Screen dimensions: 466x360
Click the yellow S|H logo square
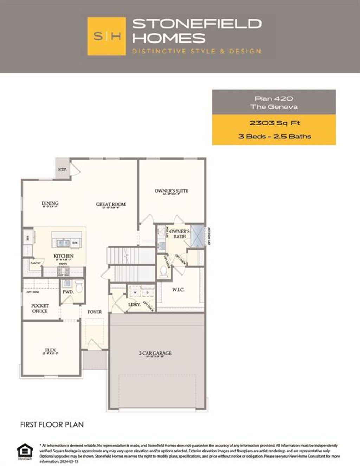click(106, 36)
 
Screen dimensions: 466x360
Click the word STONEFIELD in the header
click(197, 24)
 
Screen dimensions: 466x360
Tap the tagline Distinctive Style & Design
click(197, 51)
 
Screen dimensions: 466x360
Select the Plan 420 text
click(274, 98)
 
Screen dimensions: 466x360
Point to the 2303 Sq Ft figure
click(274, 123)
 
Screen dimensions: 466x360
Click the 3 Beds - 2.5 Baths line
click(274, 136)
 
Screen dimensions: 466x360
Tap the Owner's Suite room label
click(172, 191)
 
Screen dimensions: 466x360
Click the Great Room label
click(111, 204)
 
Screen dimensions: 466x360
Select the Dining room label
click(50, 203)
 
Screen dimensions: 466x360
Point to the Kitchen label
click(64, 256)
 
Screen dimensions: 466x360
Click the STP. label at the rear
click(63, 170)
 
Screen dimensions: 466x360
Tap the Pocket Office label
click(40, 308)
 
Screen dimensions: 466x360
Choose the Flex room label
click(50, 350)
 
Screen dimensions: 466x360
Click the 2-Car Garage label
click(155, 353)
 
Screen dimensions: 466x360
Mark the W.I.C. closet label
click(178, 290)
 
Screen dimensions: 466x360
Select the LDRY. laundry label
click(134, 304)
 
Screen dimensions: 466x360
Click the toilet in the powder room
click(79, 287)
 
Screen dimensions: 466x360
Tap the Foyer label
click(95, 312)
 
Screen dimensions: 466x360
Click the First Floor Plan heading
click(52, 425)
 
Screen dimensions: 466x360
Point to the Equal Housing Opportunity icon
click(25, 451)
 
